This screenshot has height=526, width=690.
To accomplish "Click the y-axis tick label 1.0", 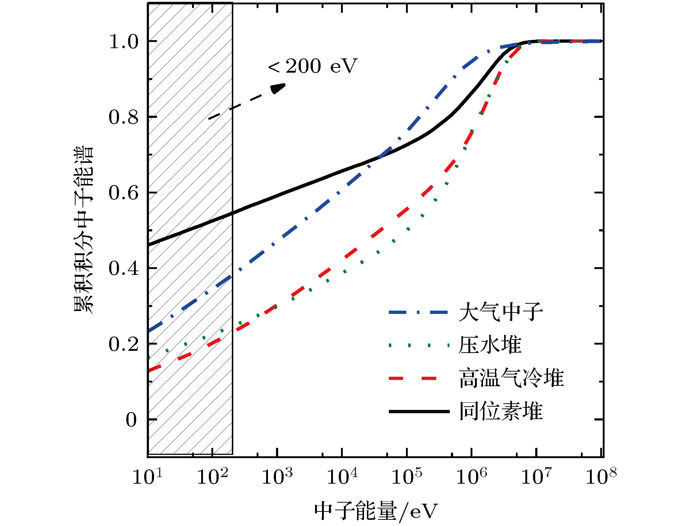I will coord(124,42).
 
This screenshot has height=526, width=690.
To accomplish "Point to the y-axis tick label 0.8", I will coord(124,118).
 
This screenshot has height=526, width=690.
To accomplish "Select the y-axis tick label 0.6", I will coord(124,193).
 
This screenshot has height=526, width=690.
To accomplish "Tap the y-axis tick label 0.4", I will coord(124,269).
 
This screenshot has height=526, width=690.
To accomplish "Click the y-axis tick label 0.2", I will coord(124,344).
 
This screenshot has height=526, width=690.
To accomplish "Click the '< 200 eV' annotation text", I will coord(313,66).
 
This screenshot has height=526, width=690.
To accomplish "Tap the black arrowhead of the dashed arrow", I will coord(278,88).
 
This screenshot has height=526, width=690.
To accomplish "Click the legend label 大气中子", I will coord(501,312).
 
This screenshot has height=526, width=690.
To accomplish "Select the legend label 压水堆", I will coord(490,345).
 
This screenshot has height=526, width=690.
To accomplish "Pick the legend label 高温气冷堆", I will coord(511,378).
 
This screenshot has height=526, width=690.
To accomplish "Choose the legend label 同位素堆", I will coord(501,411).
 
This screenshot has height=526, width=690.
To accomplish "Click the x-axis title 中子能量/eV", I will coord(376,511).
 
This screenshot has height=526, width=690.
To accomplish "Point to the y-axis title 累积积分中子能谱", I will coord(84,230).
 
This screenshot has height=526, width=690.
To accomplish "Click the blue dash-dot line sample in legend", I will coord(418,312).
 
